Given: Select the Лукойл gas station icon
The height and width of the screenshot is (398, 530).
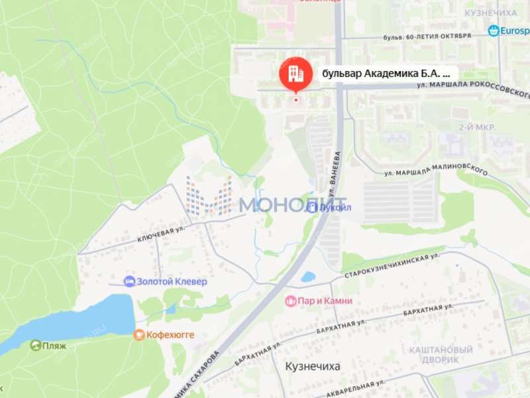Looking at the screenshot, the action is pos(311,207).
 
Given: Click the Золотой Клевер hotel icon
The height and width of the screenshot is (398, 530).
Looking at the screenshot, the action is pos(129,281).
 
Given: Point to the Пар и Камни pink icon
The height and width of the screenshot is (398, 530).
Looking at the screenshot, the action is pos(290,301).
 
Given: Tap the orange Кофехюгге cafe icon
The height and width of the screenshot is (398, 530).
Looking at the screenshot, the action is pos(138,335).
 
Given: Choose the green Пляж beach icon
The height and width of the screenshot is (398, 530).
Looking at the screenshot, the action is pos(35,345).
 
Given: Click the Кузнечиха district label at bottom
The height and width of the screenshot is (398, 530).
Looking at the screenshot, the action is pos(313,366).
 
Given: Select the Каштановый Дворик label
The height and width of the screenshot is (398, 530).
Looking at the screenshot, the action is pos(441,354).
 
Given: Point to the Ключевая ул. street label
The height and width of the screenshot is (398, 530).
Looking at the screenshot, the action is pos(160,231).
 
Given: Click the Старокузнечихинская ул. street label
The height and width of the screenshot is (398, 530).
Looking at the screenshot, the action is pos(392,264).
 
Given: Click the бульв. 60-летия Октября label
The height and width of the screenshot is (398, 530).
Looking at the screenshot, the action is pos(427,36).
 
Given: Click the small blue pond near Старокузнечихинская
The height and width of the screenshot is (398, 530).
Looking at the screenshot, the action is pos(308,277).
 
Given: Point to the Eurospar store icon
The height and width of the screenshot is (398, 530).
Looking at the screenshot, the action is pos(494,31).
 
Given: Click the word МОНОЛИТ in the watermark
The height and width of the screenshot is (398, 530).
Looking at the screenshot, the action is pos(291,205).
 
